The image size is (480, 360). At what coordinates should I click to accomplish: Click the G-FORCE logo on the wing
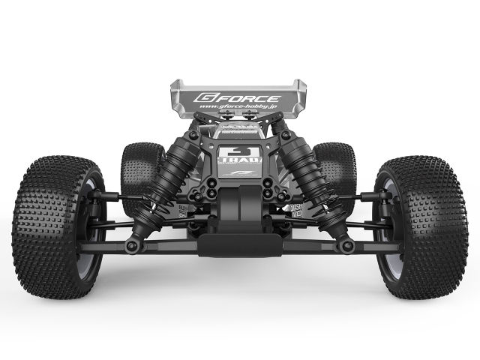click(237, 97)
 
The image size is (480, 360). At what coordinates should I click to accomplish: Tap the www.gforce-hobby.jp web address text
click(238, 110)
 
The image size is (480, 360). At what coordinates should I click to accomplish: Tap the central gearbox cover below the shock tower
click(237, 206)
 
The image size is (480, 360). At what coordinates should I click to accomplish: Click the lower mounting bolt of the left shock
click(132, 245)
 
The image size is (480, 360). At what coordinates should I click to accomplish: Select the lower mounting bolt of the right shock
click(346, 245)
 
